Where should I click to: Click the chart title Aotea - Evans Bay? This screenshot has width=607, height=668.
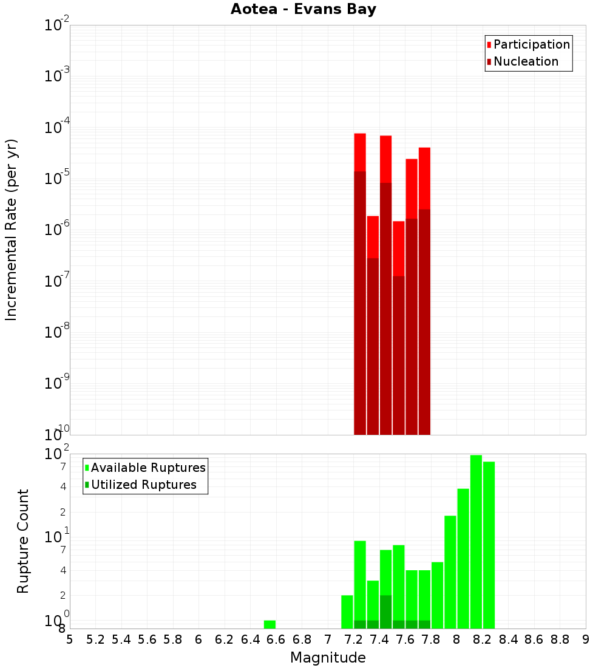303,10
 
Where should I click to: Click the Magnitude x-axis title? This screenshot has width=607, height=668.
328,658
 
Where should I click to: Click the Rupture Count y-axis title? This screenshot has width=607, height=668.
23,541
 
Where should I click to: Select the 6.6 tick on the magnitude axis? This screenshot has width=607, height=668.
276,639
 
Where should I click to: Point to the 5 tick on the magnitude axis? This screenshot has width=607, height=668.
70,639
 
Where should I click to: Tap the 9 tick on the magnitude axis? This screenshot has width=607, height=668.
586,639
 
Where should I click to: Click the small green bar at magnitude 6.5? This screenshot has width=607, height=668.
270,624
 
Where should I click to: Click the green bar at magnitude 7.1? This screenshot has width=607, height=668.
347,612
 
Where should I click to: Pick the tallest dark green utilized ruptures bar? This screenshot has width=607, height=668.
385,612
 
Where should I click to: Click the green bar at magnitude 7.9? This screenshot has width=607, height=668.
450,571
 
